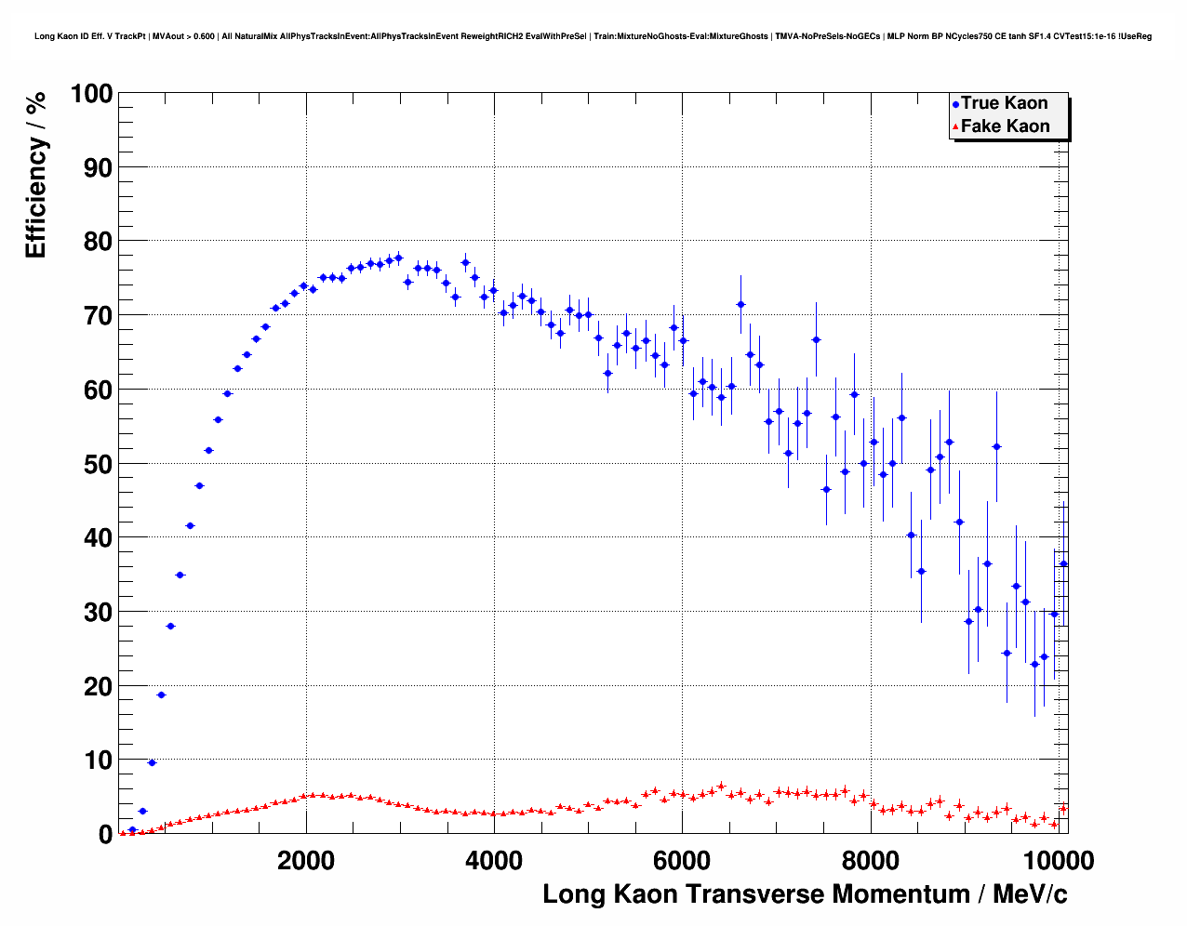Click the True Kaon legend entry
point(1004,103)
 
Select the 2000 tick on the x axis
point(306,860)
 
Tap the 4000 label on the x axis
point(494,860)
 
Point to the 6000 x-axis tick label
point(682,860)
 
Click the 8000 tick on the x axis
point(870,860)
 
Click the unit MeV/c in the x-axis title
point(1030,894)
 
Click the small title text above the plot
point(593,36)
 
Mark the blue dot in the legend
point(955,104)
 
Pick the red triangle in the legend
point(955,127)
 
